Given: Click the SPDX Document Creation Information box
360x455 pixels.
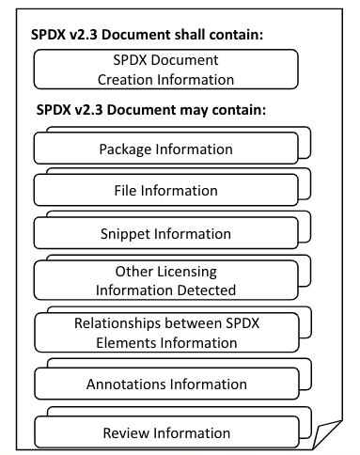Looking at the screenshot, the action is pyautogui.click(x=165, y=68).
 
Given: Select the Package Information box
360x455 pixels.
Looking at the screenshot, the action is pyautogui.click(x=165, y=149).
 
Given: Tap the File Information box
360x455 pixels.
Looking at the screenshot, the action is pyautogui.click(x=165, y=191).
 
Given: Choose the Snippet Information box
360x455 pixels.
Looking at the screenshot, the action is pyautogui.click(x=165, y=233).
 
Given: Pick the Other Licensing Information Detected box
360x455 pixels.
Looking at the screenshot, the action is pyautogui.click(x=165, y=280).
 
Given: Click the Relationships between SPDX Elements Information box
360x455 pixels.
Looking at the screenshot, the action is pyautogui.click(x=165, y=333).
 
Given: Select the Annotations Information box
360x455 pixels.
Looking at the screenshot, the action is pyautogui.click(x=165, y=384).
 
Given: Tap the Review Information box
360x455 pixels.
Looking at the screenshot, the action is pyautogui.click(x=165, y=433).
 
